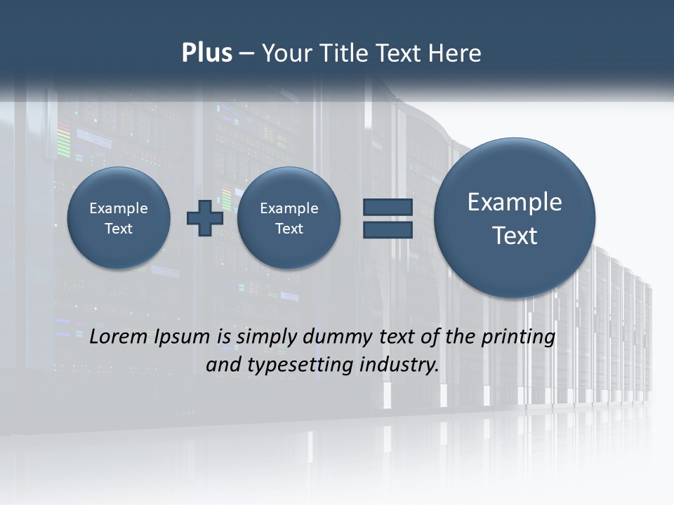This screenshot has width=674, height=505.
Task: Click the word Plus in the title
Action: (206, 53)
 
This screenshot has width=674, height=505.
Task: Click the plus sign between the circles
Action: (205, 217)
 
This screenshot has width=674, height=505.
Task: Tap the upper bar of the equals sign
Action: (388, 207)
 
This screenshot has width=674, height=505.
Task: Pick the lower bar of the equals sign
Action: (388, 230)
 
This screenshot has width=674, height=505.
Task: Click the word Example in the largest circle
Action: (515, 202)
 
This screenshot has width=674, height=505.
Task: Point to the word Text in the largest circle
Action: (515, 236)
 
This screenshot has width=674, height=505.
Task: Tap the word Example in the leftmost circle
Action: (119, 208)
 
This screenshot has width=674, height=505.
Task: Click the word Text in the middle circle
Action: (289, 229)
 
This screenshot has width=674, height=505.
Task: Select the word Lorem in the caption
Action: (119, 337)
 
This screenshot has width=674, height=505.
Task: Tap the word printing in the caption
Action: (518, 337)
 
